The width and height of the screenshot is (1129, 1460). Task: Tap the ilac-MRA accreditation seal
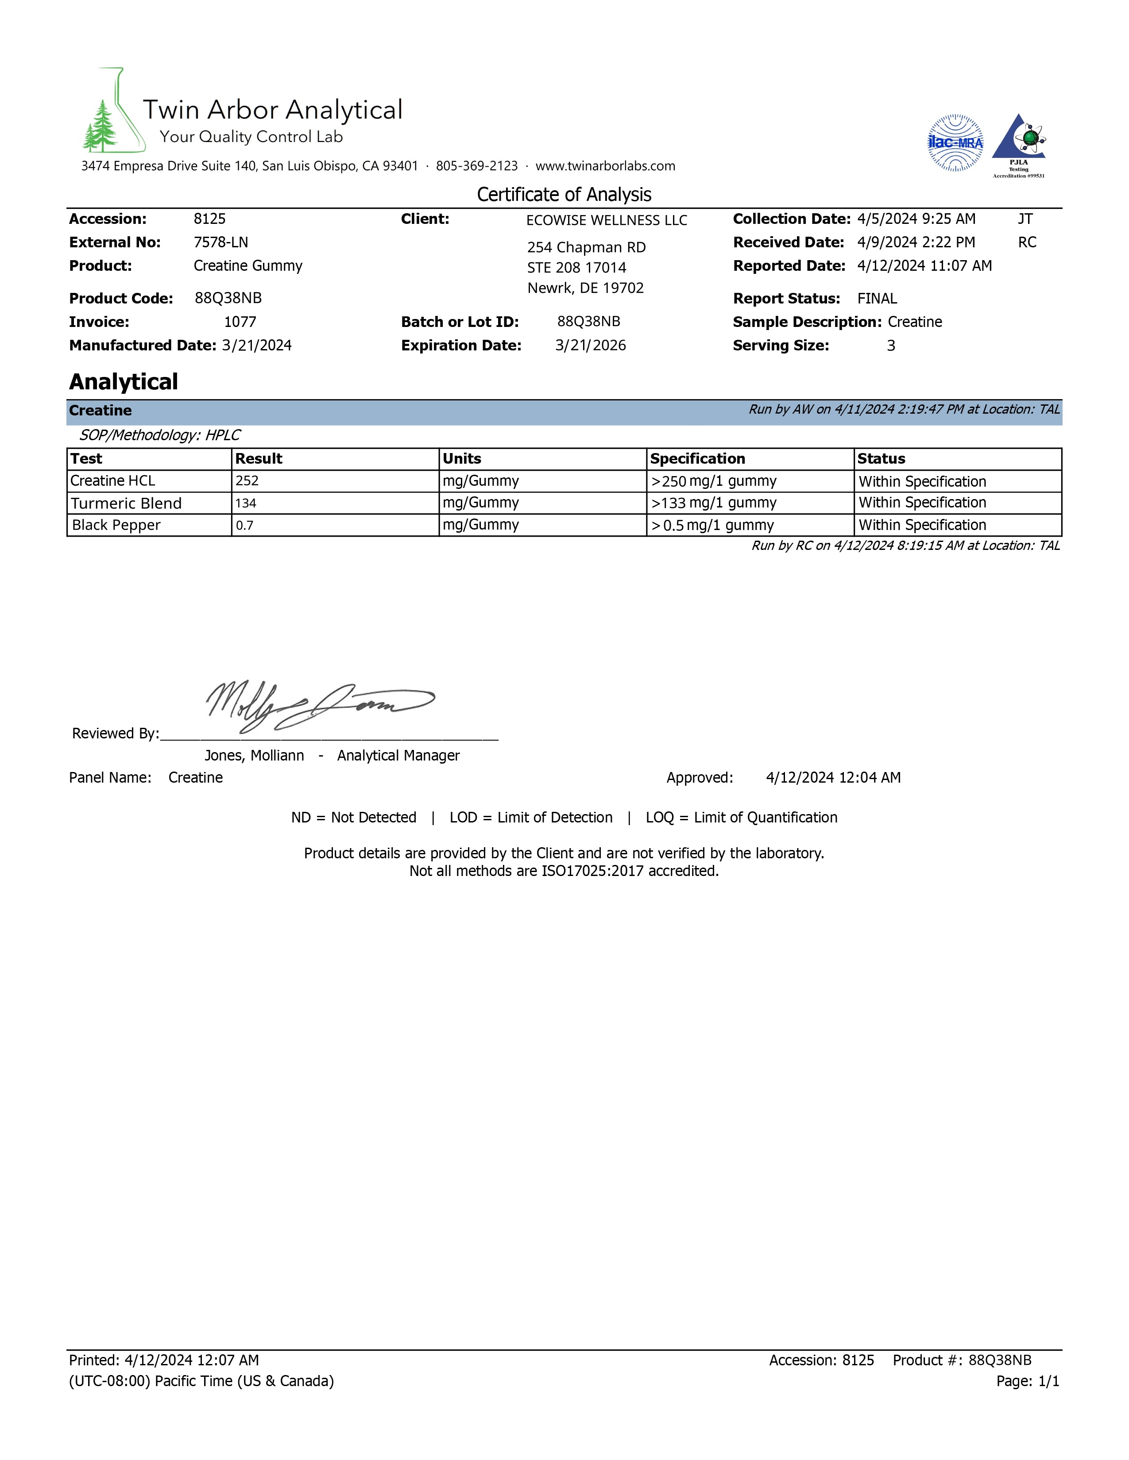click(x=955, y=142)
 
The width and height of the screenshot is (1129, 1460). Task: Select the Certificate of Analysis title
click(x=564, y=195)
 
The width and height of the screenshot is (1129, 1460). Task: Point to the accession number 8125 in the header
click(x=209, y=219)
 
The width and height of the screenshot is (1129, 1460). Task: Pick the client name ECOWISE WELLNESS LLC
click(x=606, y=221)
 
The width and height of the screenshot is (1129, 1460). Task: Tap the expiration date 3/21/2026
click(x=591, y=346)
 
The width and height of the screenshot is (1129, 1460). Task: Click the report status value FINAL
click(x=877, y=299)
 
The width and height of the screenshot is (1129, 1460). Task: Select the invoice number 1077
click(x=240, y=322)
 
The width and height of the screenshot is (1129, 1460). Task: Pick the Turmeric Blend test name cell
click(x=127, y=503)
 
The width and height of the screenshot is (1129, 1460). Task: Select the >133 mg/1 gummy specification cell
click(x=714, y=503)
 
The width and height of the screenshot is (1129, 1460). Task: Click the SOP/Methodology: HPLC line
click(x=160, y=435)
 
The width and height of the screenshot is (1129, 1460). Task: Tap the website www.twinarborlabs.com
click(x=605, y=166)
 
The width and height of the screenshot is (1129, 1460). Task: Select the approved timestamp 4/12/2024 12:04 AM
click(x=833, y=777)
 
